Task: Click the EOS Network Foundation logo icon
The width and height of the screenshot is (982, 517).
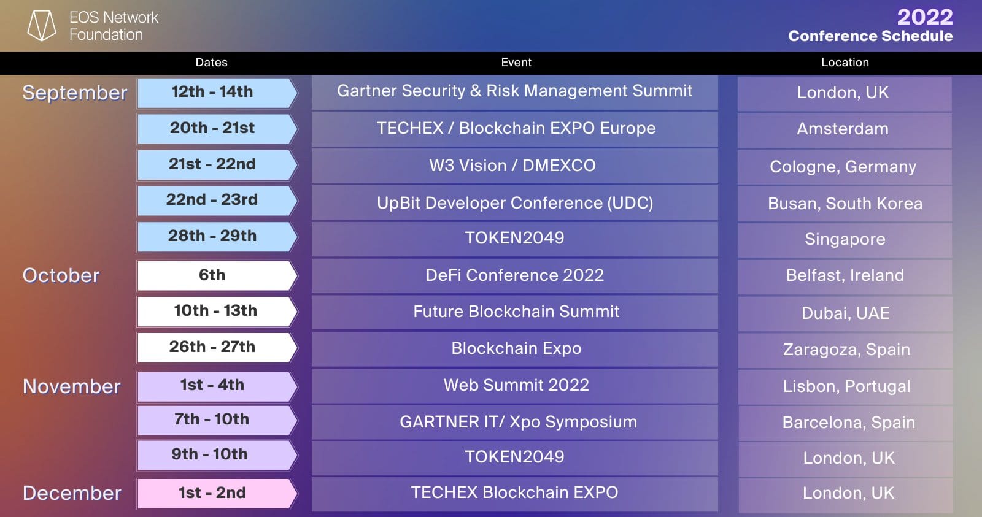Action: (42, 25)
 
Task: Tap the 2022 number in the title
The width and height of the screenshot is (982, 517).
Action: (925, 17)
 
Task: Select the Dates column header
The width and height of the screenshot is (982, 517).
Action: (211, 62)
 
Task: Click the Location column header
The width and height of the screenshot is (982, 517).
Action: (845, 62)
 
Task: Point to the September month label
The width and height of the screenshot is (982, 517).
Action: (74, 93)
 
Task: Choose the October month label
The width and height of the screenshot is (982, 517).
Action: (61, 275)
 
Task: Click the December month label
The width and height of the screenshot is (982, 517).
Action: (72, 493)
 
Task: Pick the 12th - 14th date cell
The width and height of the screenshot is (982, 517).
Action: (217, 93)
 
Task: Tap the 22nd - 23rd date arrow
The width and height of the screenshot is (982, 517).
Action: (217, 201)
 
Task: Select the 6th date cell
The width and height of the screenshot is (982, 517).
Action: (217, 275)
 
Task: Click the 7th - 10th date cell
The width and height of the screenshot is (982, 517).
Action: (217, 420)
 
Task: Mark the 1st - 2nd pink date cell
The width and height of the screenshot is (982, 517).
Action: (217, 493)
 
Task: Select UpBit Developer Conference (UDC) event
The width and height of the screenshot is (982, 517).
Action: (515, 203)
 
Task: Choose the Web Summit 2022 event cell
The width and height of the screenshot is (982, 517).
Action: (515, 386)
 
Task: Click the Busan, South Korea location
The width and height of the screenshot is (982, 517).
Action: (845, 204)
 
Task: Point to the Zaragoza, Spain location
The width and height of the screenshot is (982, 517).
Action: (846, 350)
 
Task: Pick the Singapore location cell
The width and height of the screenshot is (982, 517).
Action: (845, 240)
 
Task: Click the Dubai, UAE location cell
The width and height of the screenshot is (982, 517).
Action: (846, 314)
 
